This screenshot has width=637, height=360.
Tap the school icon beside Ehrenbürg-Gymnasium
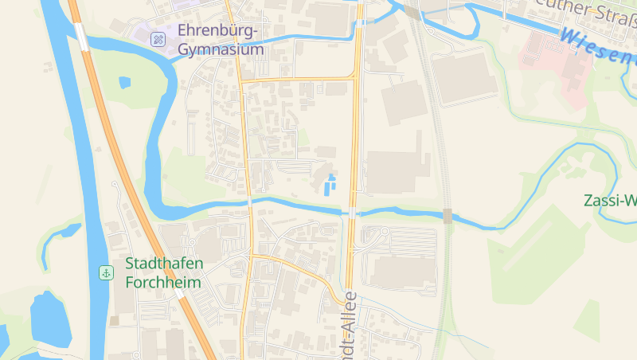pos(158,38)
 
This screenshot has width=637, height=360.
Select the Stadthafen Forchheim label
pos(164,272)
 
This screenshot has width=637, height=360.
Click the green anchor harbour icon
pos(105,273)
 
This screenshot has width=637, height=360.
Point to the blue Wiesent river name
pos(597,45)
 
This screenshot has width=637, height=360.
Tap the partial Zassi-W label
pos(610,200)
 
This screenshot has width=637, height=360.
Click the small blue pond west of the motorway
pos(124,81)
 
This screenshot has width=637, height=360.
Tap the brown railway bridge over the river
pos(447,215)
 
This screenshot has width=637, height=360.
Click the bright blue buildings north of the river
pos(330,184)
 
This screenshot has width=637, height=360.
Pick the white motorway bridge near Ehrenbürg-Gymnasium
pos(80,36)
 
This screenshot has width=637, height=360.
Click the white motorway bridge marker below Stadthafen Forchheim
pos(180,294)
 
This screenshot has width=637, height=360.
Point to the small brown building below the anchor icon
pos(115,320)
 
